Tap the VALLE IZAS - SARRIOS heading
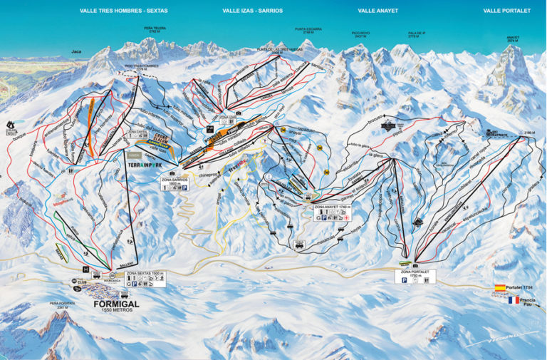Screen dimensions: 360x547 (x=252, y=11)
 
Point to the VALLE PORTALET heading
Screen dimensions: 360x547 (x=506, y=11)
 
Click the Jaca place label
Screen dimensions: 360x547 (x=76, y=51)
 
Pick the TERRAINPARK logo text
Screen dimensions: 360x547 (x=145, y=164)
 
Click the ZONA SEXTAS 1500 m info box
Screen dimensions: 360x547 (x=145, y=278)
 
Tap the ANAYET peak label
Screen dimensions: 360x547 (x=513, y=39)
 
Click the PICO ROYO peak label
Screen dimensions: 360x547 (x=361, y=34)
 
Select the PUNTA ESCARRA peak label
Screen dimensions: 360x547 (x=308, y=30)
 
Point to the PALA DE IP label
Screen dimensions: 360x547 (x=417, y=34)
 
